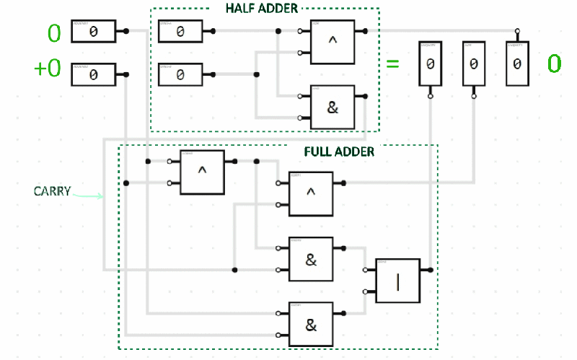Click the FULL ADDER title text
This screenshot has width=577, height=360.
coord(340,152)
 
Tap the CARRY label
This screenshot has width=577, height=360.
coord(52,192)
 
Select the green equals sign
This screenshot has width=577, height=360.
coord(392,63)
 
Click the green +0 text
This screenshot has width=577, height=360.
coord(48,69)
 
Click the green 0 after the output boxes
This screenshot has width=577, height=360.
coord(553,63)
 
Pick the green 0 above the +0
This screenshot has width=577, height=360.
coord(54,32)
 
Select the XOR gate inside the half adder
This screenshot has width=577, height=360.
coord(332,42)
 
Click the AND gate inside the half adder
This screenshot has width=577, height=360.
coord(332,107)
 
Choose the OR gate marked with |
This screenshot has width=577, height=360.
coord(397,281)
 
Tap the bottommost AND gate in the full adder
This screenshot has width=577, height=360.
coord(311,324)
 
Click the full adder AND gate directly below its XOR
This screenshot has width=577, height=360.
coord(311,259)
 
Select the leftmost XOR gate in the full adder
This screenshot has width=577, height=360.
coord(202,172)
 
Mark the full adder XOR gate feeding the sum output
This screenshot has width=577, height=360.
coord(311,193)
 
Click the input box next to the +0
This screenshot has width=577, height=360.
coord(94,74)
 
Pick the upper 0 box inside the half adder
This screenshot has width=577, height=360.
coord(180,32)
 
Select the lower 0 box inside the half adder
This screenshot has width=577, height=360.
coord(180,74)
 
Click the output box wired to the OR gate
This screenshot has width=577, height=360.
coord(430,64)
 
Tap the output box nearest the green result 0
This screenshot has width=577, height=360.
coord(516,64)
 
